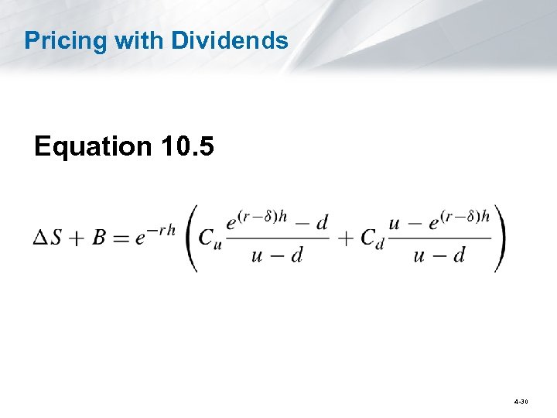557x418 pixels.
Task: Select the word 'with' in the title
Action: [135, 40]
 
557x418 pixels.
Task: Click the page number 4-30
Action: [521, 403]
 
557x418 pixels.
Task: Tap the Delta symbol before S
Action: [39, 238]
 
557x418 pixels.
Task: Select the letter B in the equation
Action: [98, 238]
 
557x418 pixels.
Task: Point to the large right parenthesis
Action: [501, 238]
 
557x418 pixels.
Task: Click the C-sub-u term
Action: [210, 239]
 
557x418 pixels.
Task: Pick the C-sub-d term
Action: [371, 239]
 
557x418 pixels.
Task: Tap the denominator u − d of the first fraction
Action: [276, 255]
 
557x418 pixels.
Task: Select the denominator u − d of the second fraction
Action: [439, 255]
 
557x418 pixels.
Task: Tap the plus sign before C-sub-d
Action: [346, 238]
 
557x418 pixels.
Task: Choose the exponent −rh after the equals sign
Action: [162, 228]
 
